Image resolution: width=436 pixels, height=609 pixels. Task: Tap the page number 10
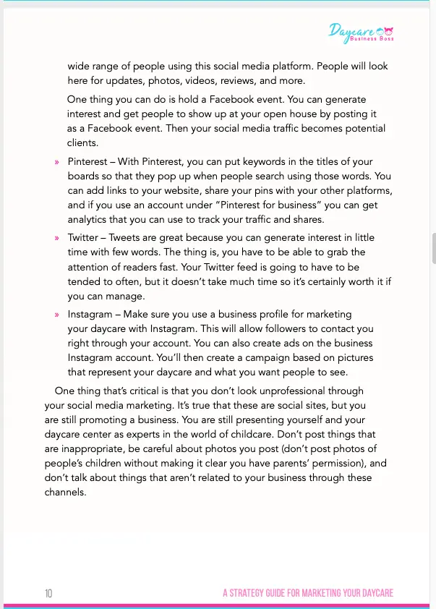click(x=48, y=593)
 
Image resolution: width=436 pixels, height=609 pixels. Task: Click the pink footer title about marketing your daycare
click(x=307, y=593)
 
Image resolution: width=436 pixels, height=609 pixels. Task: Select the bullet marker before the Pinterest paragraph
click(x=56, y=162)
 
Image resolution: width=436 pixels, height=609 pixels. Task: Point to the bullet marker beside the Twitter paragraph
click(x=56, y=238)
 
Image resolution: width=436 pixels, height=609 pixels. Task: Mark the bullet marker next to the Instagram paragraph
click(x=56, y=315)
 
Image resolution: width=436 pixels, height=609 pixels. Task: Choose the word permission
click(x=344, y=463)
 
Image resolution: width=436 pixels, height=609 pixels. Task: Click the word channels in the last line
click(x=64, y=492)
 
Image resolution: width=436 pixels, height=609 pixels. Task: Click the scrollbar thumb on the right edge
click(x=433, y=248)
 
